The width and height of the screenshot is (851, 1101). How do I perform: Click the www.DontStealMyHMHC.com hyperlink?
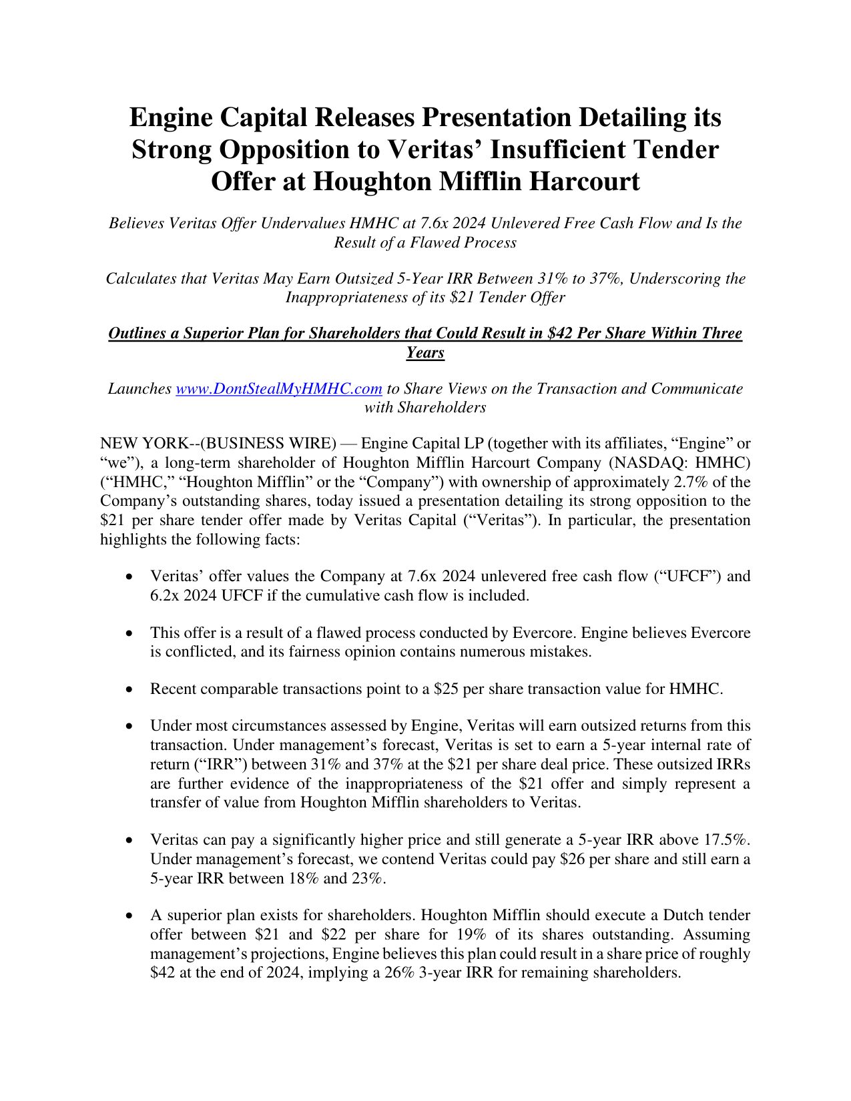278,388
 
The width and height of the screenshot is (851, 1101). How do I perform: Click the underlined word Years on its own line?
425,352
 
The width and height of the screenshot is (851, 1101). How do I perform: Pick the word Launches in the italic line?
139,388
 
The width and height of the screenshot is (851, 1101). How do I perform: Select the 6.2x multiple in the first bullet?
164,595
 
